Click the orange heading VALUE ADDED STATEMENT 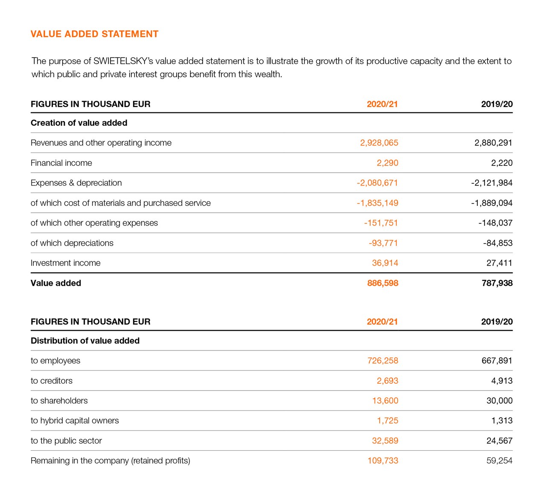[x=94, y=34]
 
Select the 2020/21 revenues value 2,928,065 [x=379, y=143]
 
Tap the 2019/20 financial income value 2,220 [x=502, y=163]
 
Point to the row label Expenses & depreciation [x=76, y=183]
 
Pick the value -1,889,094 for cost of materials [x=491, y=203]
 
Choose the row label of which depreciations [x=72, y=243]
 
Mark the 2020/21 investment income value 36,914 [x=385, y=263]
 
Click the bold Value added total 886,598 [x=382, y=283]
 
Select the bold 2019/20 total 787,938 [x=497, y=283]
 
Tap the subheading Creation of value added [x=79, y=123]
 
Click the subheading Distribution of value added [x=85, y=341]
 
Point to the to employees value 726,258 [x=383, y=361]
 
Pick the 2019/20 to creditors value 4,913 [x=502, y=381]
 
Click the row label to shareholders [x=59, y=401]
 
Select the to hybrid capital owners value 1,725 [x=387, y=421]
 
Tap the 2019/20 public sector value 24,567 [x=499, y=441]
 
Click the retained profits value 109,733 [x=383, y=461]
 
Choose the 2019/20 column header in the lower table [x=497, y=322]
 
